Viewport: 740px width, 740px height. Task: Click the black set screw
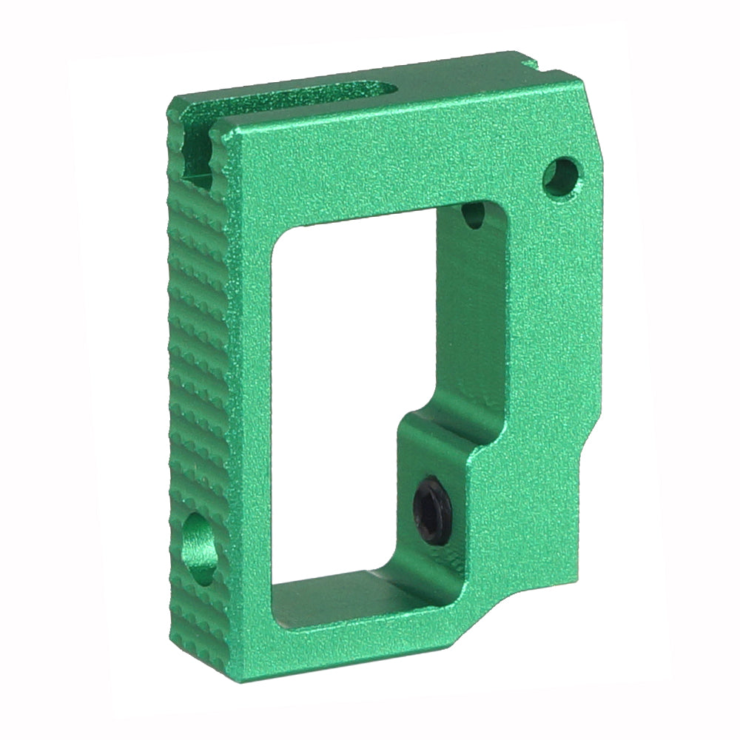[431, 511]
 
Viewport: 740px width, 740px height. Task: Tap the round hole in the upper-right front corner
[561, 175]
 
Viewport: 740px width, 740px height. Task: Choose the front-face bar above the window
[385, 163]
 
